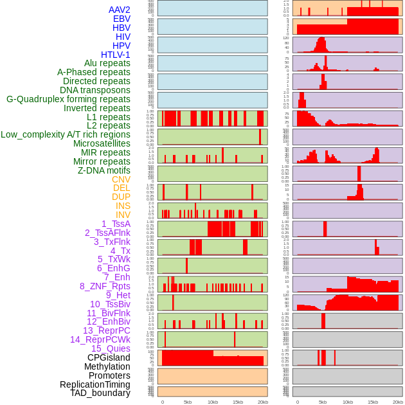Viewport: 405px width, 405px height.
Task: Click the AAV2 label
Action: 119,10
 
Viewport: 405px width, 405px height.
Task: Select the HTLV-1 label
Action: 115,55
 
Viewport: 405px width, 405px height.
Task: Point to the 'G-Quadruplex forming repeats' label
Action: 68,99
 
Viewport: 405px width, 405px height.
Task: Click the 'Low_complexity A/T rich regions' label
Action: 66,134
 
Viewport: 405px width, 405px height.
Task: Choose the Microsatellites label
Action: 102,143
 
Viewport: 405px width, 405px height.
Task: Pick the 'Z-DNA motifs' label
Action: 104,170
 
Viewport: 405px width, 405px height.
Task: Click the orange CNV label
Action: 121,179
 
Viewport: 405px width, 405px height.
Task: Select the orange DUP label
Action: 121,197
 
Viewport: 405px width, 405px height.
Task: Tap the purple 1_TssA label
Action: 116,224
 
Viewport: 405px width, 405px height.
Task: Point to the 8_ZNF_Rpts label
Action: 105,286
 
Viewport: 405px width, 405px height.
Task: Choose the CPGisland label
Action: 109,357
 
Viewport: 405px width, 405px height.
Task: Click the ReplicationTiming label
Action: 94,384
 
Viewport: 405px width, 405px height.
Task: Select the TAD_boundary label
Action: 100,393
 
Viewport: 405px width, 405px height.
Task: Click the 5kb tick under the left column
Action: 188,402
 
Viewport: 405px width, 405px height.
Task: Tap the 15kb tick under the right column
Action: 373,402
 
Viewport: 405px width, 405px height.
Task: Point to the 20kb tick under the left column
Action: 263,402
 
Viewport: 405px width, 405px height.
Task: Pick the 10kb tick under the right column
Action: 348,402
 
